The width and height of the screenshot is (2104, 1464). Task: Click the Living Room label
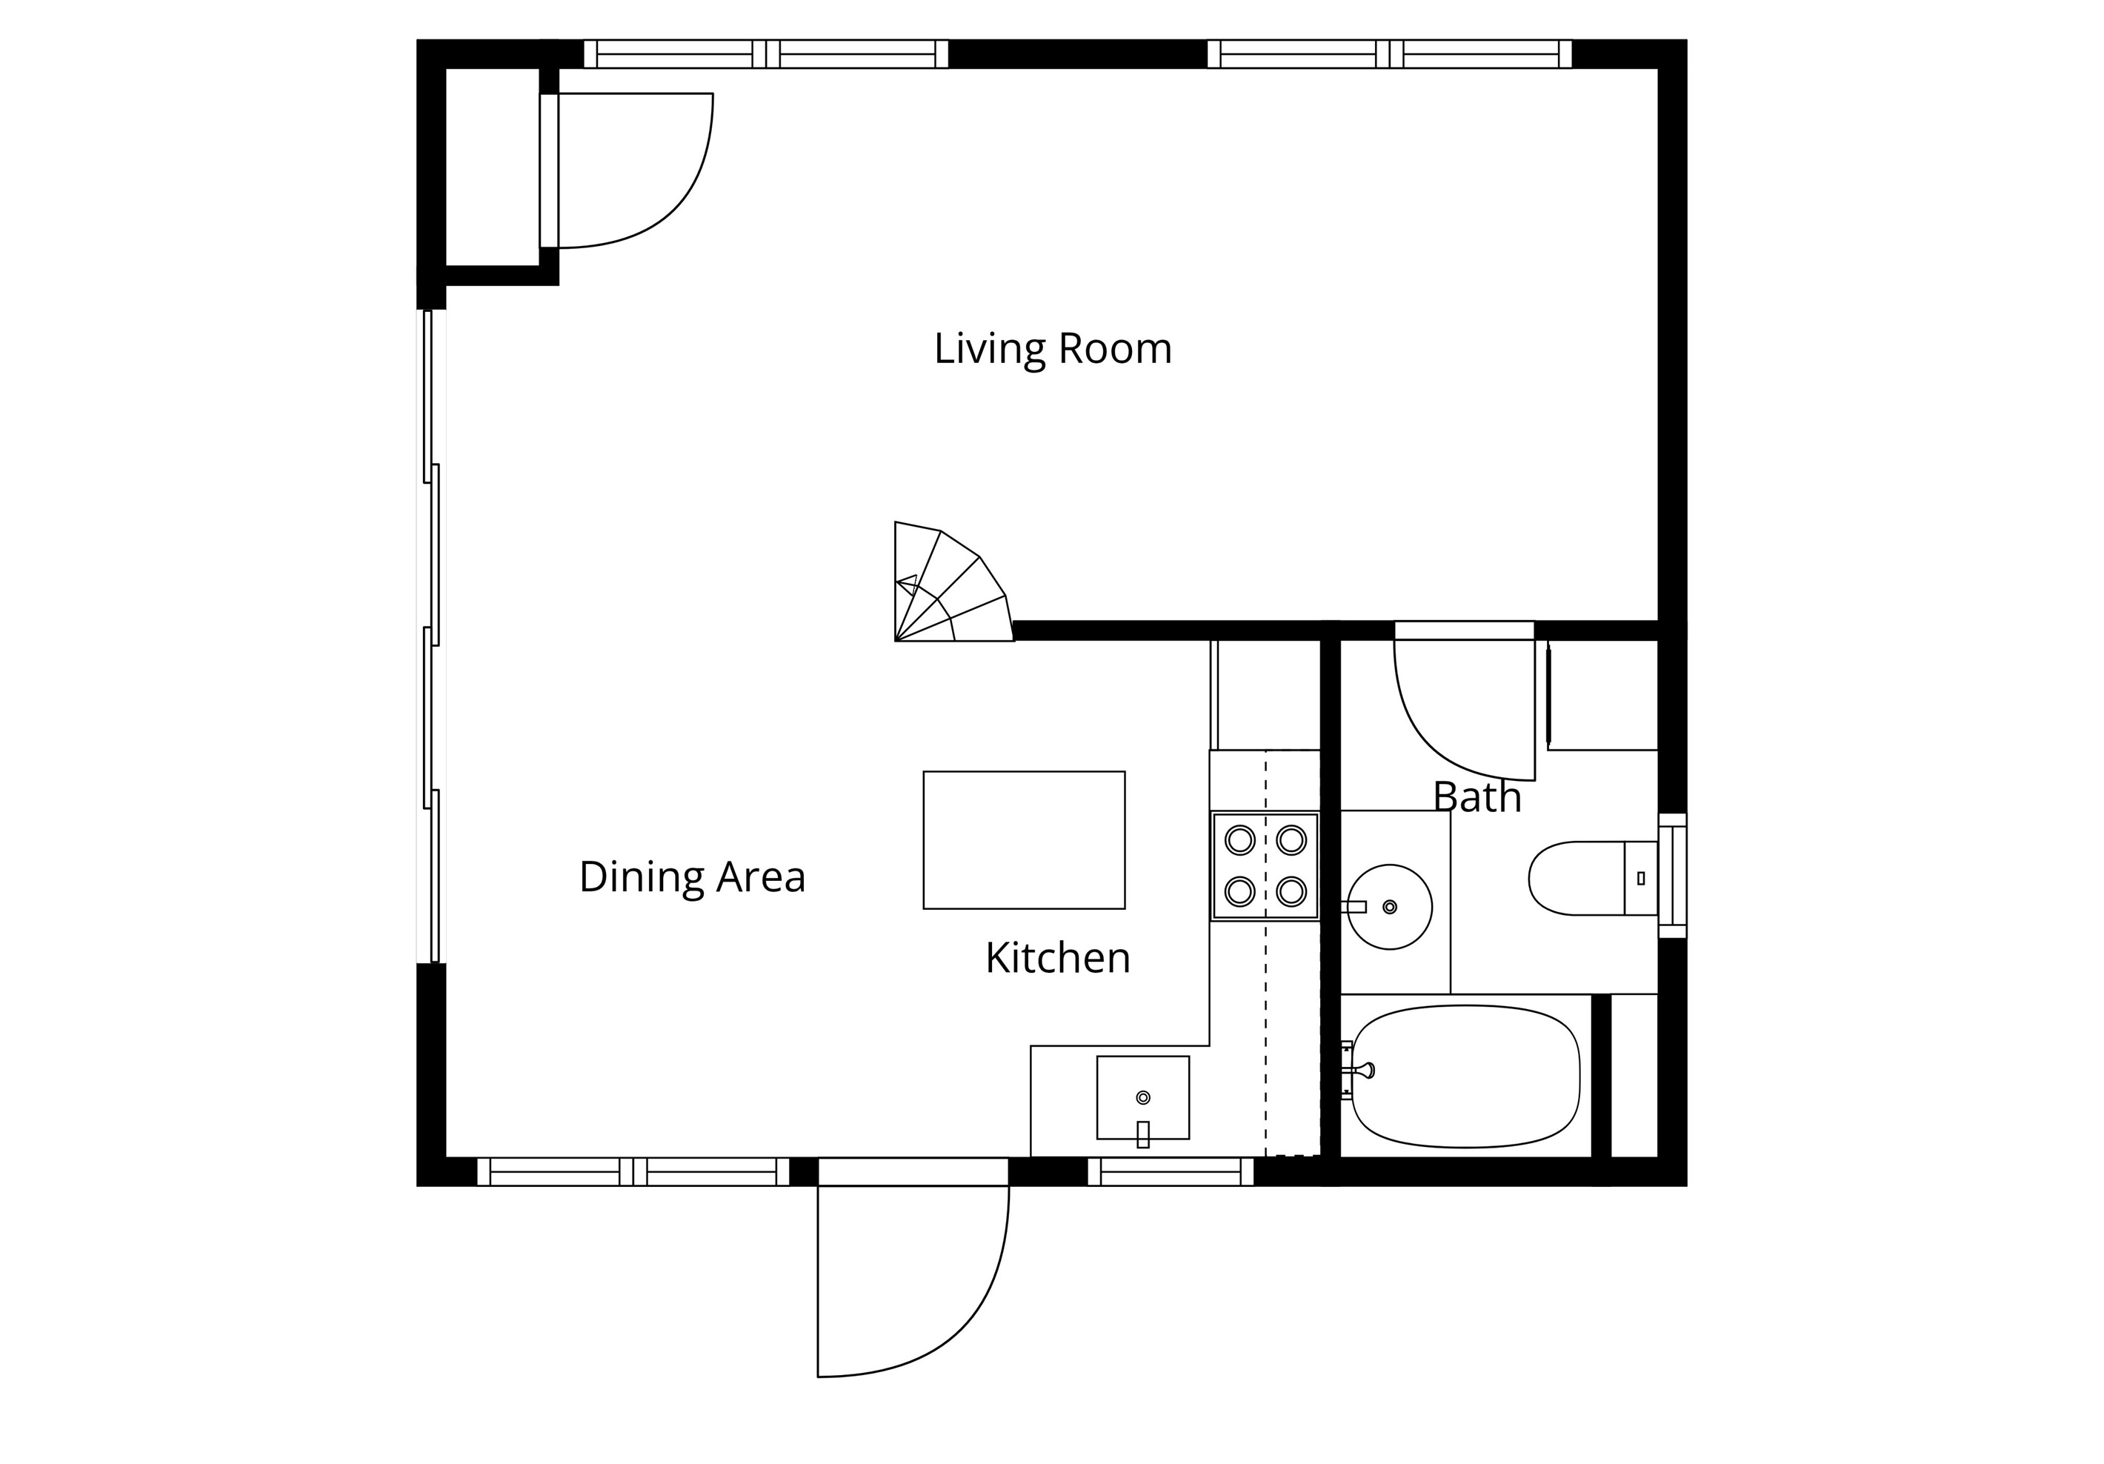pos(1053,349)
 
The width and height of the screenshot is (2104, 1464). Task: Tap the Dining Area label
pos(692,877)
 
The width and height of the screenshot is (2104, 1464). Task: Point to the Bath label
pos(1477,796)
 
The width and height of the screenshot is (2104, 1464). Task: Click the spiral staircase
pos(953,582)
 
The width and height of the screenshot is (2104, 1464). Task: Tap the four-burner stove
pos(1265,866)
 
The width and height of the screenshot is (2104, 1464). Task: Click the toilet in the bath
pos(1593,878)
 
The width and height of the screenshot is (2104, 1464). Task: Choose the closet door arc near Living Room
pos(679,213)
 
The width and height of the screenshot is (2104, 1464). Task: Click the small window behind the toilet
pos(1672,876)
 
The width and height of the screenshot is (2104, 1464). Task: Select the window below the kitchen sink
pos(1171,1171)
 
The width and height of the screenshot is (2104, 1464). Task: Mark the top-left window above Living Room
pos(766,54)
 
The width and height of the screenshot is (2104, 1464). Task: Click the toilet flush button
pos(1640,878)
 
